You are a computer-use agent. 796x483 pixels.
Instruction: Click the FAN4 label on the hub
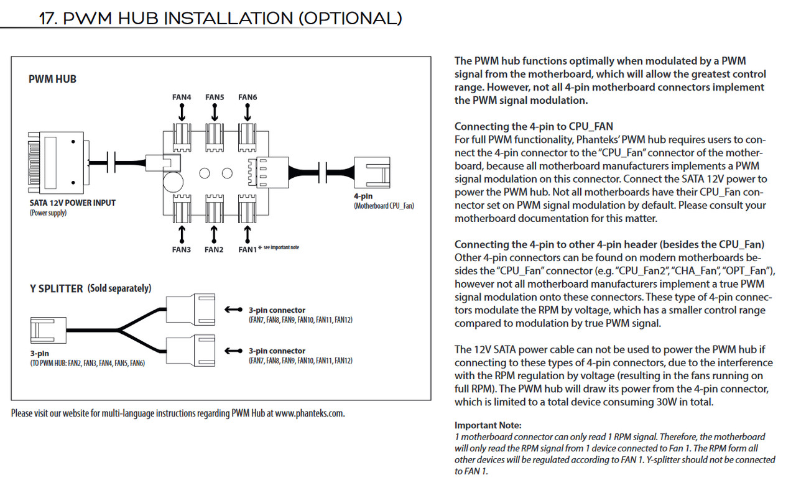182,97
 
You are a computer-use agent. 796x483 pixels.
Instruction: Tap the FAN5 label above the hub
215,97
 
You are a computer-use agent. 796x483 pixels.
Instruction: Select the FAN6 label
248,97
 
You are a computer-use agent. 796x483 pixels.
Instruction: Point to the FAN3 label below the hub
182,249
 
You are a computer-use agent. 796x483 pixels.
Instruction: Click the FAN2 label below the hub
215,249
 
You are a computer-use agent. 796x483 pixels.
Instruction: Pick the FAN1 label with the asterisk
248,249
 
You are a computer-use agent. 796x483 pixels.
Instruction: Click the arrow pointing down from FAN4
182,113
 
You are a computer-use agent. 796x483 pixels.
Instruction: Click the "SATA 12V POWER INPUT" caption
72,203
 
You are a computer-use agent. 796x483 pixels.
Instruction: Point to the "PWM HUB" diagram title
52,80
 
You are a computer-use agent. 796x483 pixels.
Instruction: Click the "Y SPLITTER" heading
56,288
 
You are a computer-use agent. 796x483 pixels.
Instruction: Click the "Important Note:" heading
488,426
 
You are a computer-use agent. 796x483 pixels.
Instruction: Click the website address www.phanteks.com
309,413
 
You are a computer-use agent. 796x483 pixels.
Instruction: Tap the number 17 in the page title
49,19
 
